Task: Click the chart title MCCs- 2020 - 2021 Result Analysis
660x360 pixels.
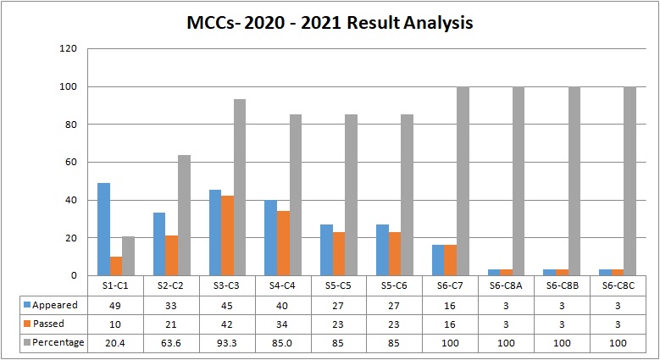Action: (x=330, y=23)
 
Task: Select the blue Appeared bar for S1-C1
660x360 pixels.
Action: (x=103, y=230)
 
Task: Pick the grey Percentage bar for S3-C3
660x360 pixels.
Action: (x=240, y=187)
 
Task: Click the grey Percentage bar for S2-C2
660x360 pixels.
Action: (x=184, y=215)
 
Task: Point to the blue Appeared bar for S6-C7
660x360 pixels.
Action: (x=438, y=260)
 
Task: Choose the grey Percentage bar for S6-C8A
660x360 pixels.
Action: (x=519, y=181)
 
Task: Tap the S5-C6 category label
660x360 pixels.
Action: (x=395, y=285)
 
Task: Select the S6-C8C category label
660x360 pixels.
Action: (x=618, y=285)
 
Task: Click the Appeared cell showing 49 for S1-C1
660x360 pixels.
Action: (x=116, y=305)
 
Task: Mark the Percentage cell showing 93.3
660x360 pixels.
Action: (x=227, y=342)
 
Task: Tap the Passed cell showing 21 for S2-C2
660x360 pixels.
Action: (x=172, y=324)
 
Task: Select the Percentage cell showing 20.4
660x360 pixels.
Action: (x=116, y=342)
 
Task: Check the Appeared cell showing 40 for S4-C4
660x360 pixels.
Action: (x=283, y=305)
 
